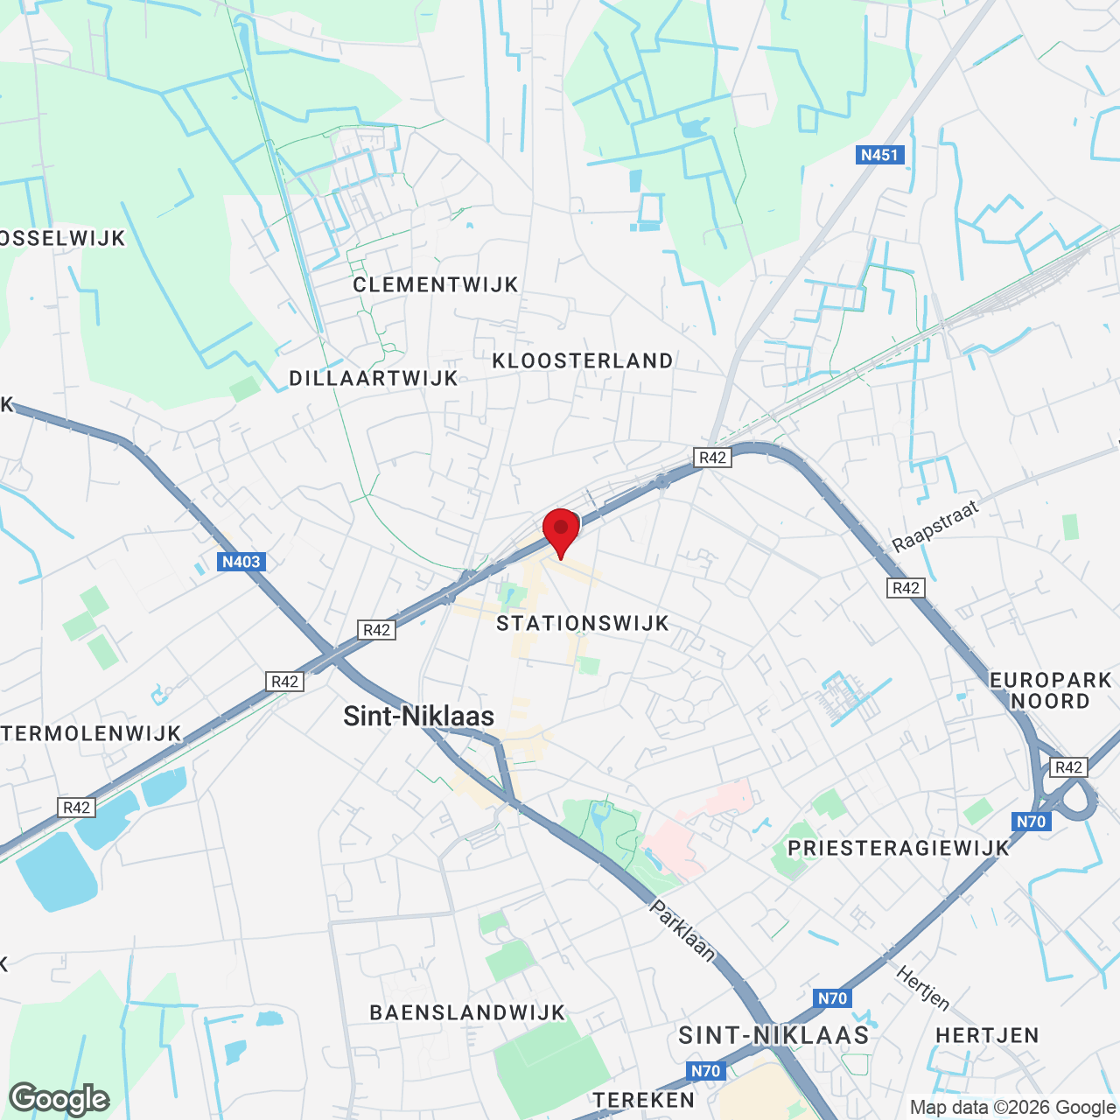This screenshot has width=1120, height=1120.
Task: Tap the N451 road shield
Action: (879, 155)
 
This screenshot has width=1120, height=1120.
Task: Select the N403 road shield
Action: (241, 562)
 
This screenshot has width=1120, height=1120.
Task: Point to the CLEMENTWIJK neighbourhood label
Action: (436, 284)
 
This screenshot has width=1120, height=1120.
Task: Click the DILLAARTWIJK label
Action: (374, 378)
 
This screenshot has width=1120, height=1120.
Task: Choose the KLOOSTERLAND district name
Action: (583, 360)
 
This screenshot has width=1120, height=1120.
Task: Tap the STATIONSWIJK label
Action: (583, 623)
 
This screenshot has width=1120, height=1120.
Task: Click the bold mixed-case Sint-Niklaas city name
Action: (418, 717)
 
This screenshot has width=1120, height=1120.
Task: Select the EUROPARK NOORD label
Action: (1050, 690)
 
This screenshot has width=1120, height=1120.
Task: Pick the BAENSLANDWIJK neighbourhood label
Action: (467, 1012)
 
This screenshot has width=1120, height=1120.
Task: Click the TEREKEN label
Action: (644, 1100)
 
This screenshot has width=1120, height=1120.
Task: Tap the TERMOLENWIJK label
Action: (91, 733)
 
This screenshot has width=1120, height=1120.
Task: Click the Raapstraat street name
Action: (935, 527)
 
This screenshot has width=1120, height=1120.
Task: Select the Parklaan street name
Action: (682, 930)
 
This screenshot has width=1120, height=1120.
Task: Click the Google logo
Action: (59, 1099)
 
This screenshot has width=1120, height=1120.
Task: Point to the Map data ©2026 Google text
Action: (1012, 1107)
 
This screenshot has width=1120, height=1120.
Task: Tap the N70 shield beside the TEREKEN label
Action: (705, 1071)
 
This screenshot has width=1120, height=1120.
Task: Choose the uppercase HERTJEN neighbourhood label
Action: (987, 1035)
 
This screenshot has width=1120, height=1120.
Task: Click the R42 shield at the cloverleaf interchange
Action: (1068, 767)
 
